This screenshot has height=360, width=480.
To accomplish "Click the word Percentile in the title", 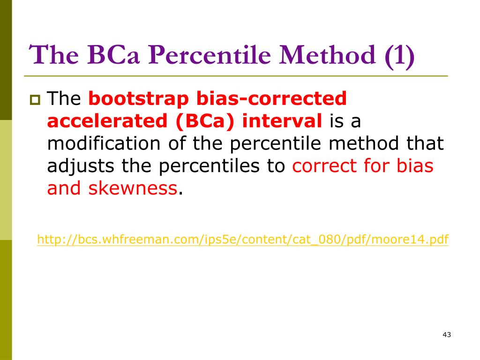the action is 210,55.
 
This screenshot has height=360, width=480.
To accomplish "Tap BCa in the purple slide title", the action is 113,55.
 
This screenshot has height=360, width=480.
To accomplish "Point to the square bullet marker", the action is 35,100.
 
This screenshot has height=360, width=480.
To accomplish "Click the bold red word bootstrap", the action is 139,99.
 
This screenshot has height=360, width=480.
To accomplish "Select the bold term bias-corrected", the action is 271,98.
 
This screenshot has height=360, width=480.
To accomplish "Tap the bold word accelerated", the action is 107,121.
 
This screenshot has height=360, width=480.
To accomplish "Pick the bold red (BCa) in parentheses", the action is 205,121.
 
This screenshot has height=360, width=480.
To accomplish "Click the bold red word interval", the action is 282,120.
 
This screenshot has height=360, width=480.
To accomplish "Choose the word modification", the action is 104,143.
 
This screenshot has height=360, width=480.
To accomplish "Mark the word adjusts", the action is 81,166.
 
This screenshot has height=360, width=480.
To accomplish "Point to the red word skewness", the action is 133,188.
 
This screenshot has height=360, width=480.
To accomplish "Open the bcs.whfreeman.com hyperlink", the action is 243,239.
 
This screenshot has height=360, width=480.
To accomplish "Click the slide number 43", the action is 447,335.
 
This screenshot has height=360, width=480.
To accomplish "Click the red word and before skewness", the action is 64,188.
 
